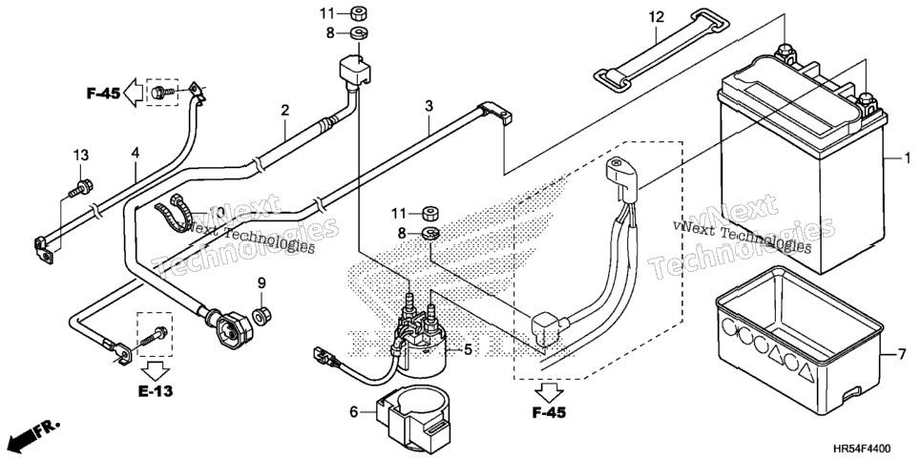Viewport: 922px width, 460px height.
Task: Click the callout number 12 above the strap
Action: [657, 17]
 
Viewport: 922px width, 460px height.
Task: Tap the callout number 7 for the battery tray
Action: [902, 355]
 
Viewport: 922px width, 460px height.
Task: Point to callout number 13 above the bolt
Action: [81, 156]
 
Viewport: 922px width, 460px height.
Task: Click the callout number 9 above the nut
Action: [262, 283]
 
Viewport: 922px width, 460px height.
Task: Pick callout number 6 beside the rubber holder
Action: [354, 412]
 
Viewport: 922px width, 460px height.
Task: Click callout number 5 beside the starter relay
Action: [468, 350]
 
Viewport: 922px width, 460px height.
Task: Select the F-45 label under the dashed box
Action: [549, 413]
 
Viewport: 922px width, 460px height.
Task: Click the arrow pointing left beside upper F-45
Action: [133, 93]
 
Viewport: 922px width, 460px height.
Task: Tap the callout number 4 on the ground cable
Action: [136, 153]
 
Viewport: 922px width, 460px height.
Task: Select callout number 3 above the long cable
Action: [429, 107]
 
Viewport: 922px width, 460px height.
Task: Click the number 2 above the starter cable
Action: [284, 110]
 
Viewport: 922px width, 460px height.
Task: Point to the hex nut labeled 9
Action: [261, 315]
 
